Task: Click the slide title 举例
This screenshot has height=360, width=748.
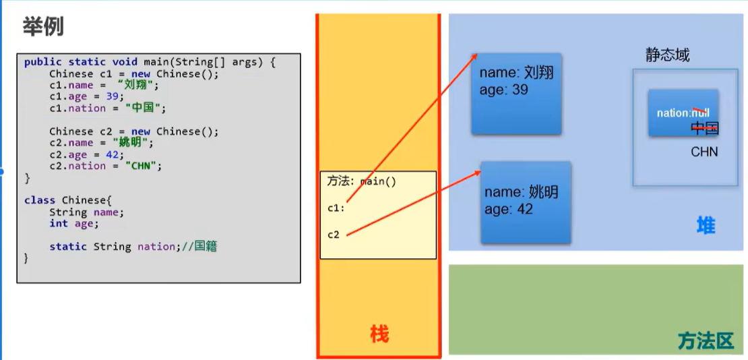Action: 43,28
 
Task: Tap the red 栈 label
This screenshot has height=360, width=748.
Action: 379,333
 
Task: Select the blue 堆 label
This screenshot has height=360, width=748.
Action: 706,226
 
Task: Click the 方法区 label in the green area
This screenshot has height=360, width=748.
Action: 705,340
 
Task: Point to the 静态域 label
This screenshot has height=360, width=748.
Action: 666,55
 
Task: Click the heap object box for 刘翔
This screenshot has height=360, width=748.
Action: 516,94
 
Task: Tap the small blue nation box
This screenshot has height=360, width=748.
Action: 683,113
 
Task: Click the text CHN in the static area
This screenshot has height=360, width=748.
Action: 704,152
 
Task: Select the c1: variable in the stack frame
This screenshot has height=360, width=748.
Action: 336,208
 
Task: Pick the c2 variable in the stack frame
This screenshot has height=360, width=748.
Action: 334,235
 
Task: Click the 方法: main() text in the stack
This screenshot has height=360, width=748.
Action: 361,181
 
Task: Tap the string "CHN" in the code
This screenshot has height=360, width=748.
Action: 143,166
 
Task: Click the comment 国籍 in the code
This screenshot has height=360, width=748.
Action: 206,247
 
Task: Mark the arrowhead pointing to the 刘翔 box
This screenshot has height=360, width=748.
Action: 476,56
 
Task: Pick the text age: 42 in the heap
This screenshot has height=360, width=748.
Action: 509,210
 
